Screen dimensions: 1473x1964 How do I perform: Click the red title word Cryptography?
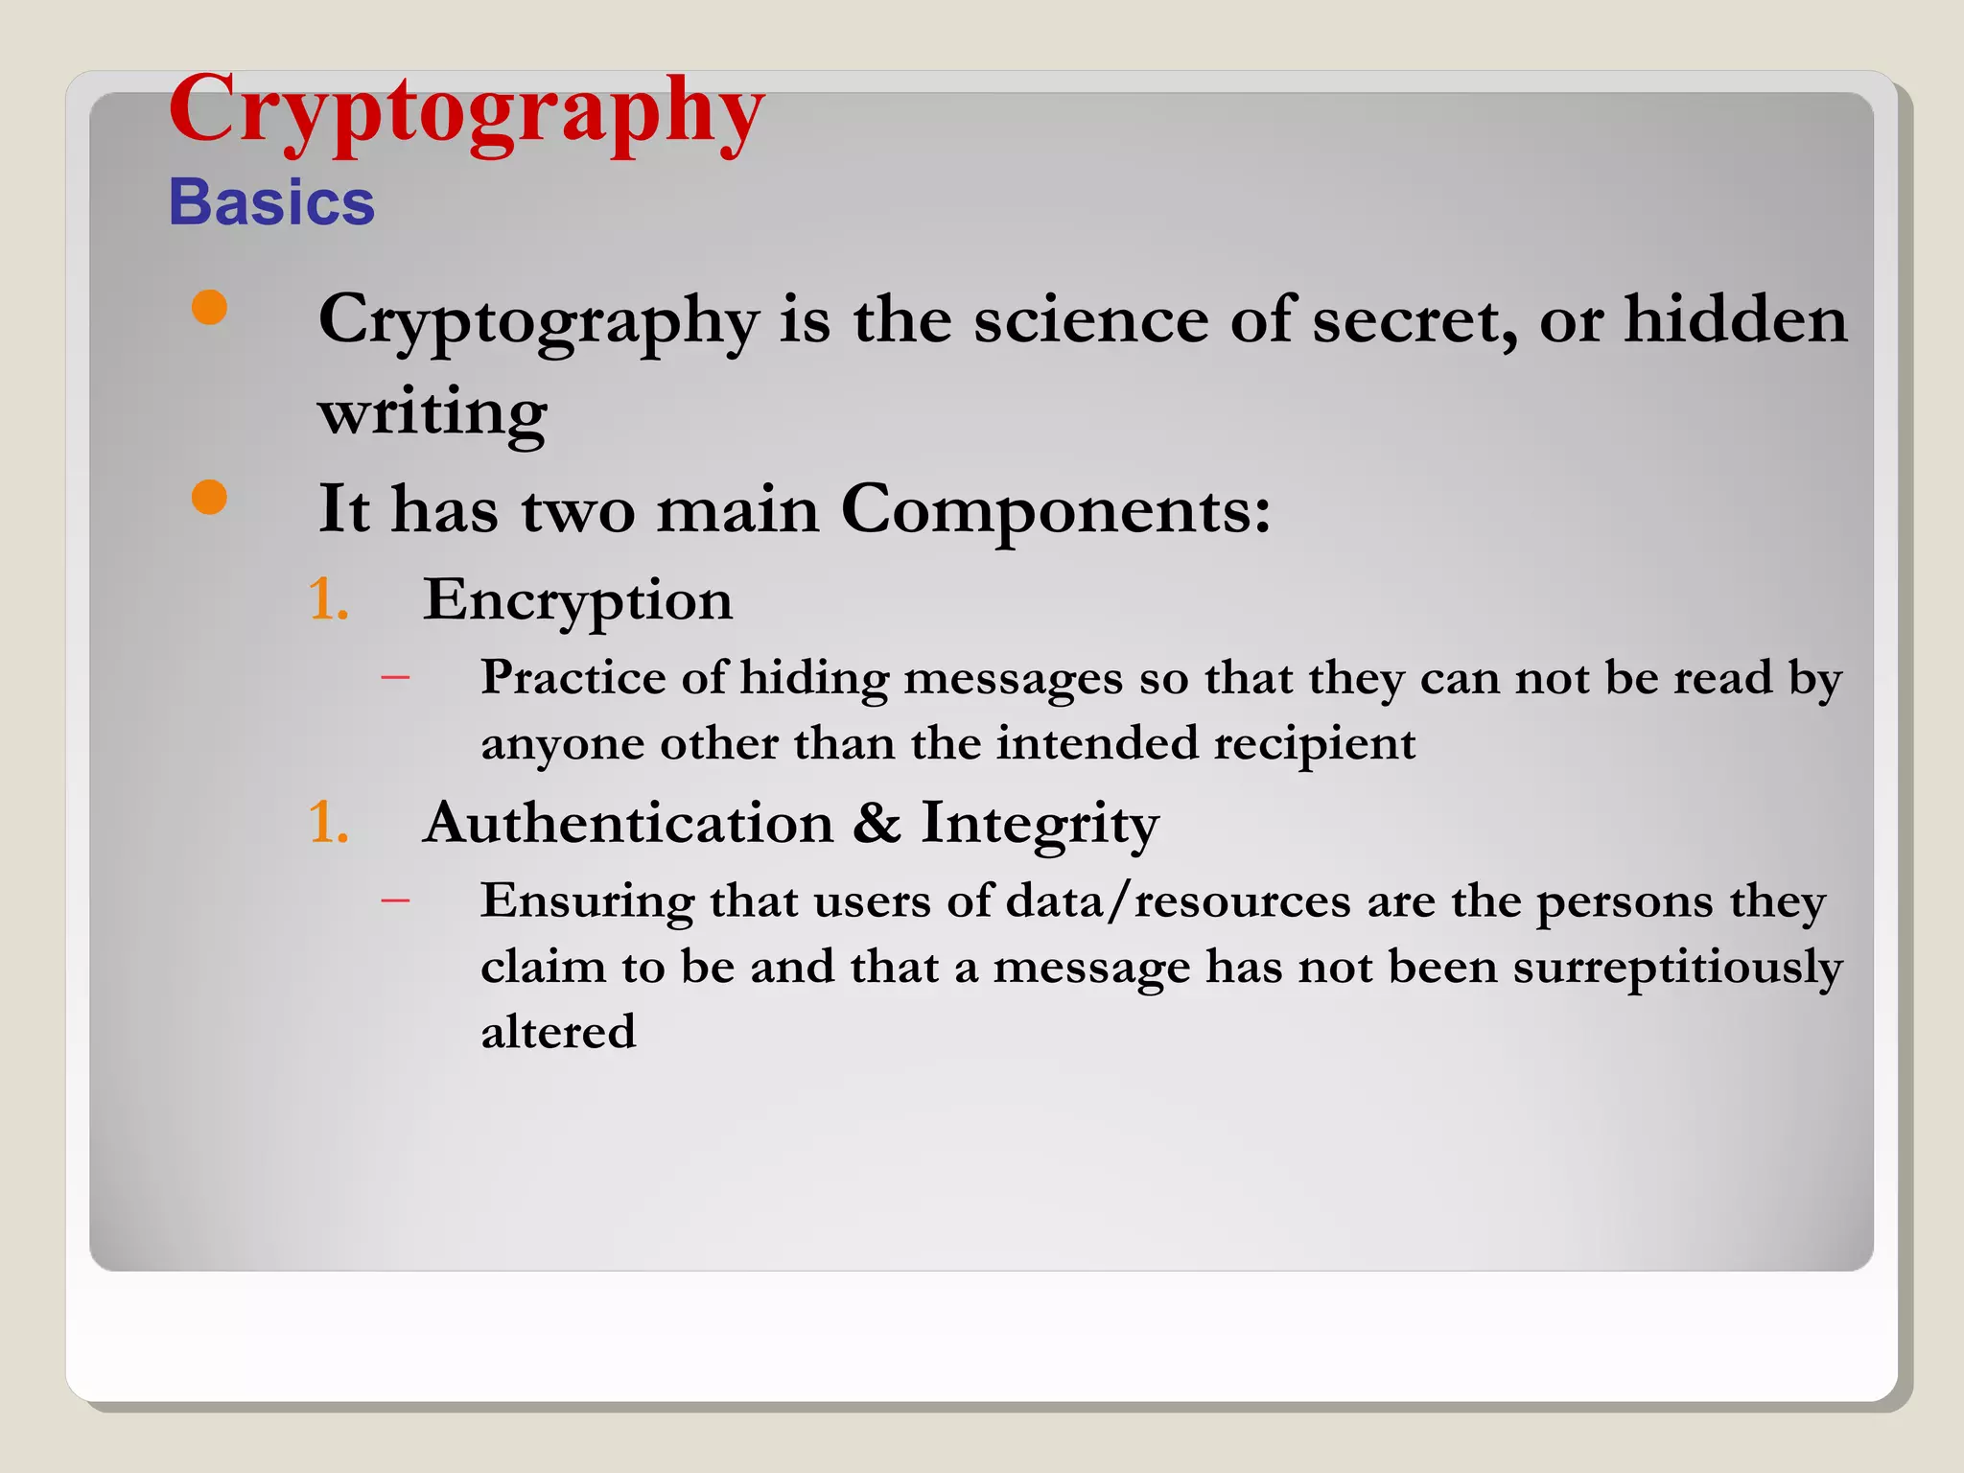click(x=466, y=111)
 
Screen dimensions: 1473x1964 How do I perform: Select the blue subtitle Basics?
click(x=271, y=202)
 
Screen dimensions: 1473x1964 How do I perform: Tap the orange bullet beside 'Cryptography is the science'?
click(x=209, y=308)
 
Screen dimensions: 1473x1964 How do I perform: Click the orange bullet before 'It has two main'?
click(x=209, y=498)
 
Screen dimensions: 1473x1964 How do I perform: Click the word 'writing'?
click(x=433, y=413)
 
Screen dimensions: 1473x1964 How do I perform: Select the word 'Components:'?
click(x=1056, y=508)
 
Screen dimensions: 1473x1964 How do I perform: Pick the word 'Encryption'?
click(x=577, y=600)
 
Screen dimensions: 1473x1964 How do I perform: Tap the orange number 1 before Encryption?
click(x=326, y=600)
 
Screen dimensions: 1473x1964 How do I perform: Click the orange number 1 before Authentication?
click(x=326, y=823)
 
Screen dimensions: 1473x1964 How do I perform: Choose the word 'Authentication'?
click(x=628, y=823)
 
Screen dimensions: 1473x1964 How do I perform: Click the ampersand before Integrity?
click(x=877, y=823)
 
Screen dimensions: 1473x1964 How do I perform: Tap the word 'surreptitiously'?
click(x=1677, y=967)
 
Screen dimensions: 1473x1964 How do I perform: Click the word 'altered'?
click(x=558, y=1032)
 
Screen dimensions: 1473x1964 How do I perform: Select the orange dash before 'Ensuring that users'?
click(x=395, y=900)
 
